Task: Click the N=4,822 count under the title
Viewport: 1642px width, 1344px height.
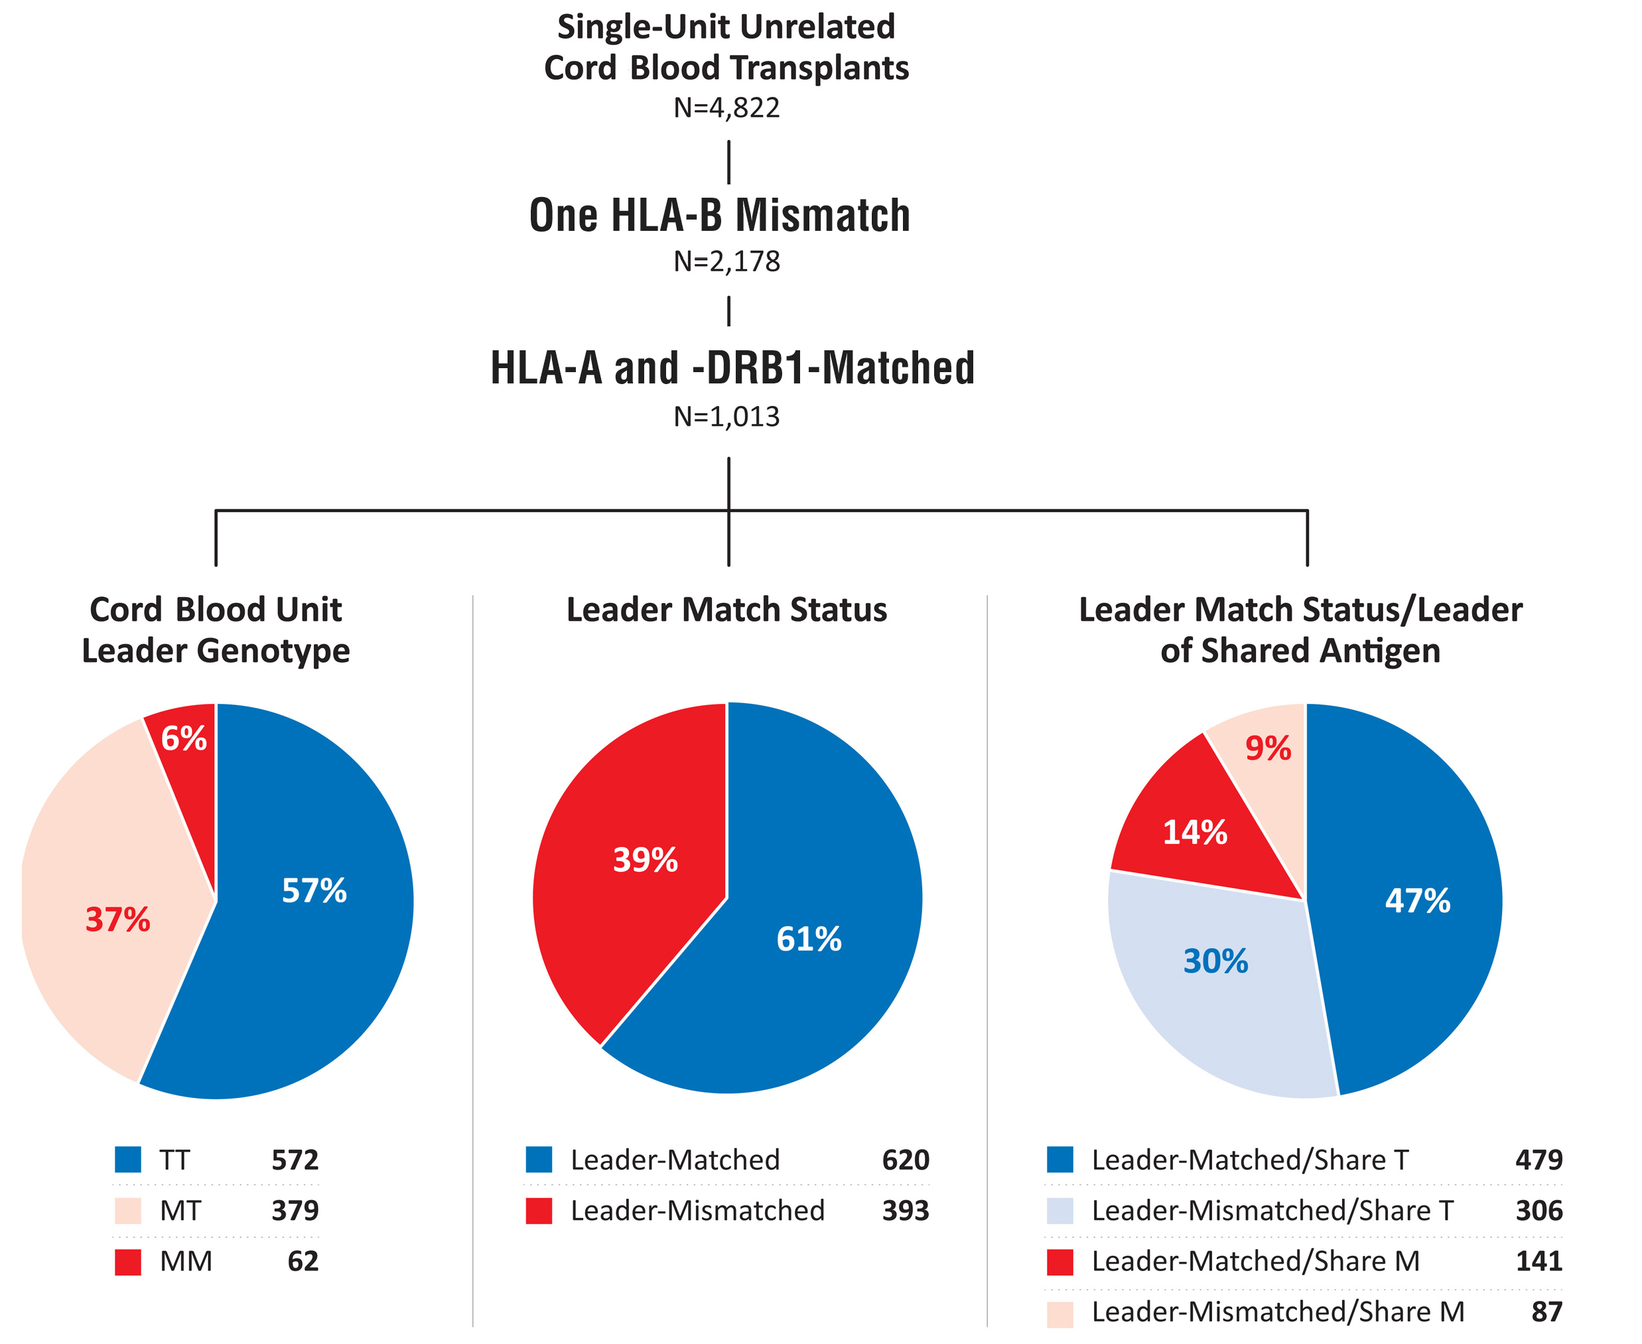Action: [x=726, y=107]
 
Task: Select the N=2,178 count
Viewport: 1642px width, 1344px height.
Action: [x=726, y=261]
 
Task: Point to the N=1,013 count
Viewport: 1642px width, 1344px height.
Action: [x=726, y=417]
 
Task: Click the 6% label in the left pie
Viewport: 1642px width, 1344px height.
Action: [x=184, y=738]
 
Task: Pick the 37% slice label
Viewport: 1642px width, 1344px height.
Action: [x=117, y=919]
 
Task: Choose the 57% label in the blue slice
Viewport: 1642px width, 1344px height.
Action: [x=314, y=890]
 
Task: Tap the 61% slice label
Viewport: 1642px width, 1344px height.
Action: [x=809, y=939]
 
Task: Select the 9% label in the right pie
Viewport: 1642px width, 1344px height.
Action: [x=1268, y=749]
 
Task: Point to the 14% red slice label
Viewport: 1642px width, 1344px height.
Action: [x=1195, y=833]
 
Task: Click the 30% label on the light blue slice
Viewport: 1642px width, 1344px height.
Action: [x=1215, y=961]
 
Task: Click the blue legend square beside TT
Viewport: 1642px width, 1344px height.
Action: [x=128, y=1160]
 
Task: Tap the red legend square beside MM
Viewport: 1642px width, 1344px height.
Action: [x=128, y=1262]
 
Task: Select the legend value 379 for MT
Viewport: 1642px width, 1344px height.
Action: [x=295, y=1211]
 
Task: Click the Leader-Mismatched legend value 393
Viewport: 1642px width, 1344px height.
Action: [x=906, y=1211]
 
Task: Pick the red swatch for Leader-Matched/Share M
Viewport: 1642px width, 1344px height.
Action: [x=1060, y=1262]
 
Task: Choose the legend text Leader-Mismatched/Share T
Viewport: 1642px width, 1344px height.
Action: [x=1272, y=1211]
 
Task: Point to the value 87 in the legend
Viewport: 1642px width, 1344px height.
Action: [x=1546, y=1312]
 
